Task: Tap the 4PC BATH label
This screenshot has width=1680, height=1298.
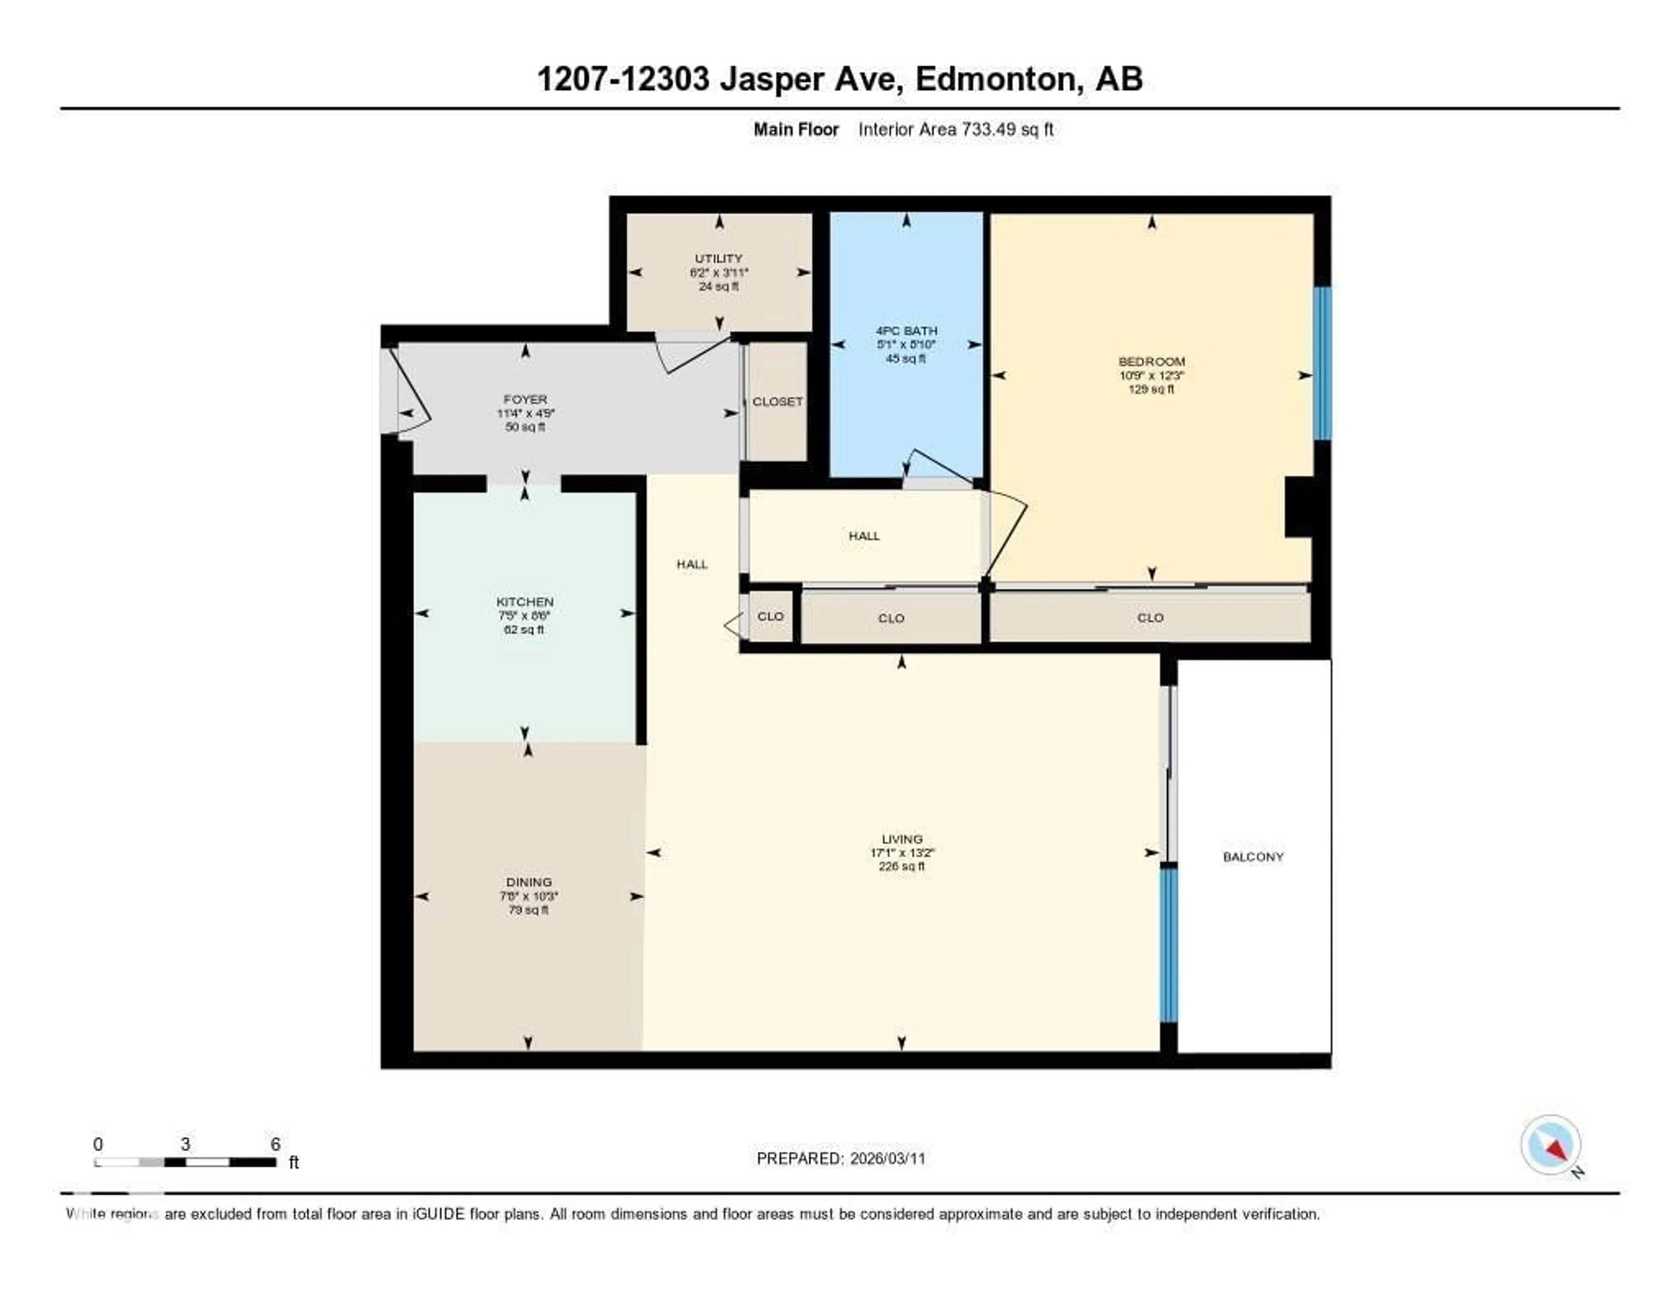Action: pyautogui.click(x=906, y=331)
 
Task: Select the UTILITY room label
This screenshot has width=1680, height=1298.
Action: pyautogui.click(x=718, y=259)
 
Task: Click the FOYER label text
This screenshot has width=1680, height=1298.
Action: pyautogui.click(x=525, y=399)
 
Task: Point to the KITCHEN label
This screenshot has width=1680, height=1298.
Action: pyautogui.click(x=525, y=602)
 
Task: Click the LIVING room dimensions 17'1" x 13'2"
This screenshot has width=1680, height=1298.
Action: pyautogui.click(x=902, y=852)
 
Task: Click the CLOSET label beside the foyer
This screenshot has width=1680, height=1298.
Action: pyautogui.click(x=777, y=402)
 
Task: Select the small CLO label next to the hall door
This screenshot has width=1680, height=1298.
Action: pyautogui.click(x=770, y=616)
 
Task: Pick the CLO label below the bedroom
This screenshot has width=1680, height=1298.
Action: pyautogui.click(x=1150, y=618)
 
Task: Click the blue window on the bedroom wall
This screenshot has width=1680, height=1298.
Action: pyautogui.click(x=1322, y=363)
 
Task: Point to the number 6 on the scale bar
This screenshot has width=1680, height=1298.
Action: pyautogui.click(x=275, y=1144)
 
